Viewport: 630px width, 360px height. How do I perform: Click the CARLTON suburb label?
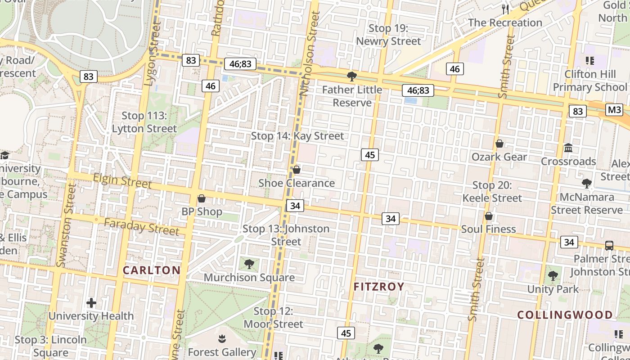pos(152,270)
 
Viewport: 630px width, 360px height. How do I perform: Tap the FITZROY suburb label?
pos(379,287)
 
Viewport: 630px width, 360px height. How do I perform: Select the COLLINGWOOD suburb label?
pos(565,315)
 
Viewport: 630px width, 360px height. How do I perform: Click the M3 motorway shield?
pos(614,110)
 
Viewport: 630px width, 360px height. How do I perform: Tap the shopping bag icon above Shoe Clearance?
pos(296,170)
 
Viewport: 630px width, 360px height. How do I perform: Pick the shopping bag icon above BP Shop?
pos(202,198)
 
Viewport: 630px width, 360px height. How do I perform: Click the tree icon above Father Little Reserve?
pos(352,76)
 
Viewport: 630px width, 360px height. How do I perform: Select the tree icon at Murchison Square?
pos(249,264)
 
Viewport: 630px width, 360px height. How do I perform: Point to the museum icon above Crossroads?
pos(568,148)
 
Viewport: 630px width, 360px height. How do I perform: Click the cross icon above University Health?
pos(91,303)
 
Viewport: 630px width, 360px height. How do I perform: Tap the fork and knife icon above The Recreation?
pos(505,9)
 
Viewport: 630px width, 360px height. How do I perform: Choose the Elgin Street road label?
pos(122,181)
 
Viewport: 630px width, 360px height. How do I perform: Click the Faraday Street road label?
pos(142,226)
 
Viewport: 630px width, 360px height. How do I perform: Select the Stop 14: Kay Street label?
pos(297,136)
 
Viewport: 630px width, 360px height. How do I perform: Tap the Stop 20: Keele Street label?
pos(492,192)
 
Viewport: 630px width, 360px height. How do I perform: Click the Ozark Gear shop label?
pos(499,157)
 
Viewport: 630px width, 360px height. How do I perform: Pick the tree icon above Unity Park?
pos(553,275)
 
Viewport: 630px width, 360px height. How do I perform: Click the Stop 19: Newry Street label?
pos(388,35)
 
